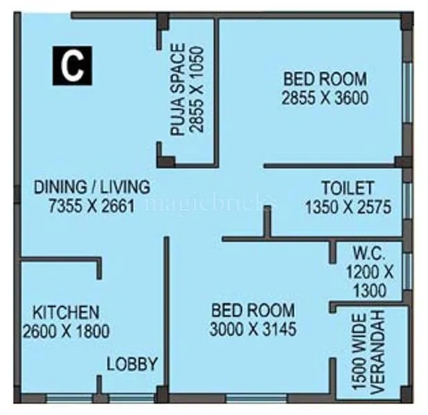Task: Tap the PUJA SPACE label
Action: click(x=178, y=89)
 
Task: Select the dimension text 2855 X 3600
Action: click(x=325, y=98)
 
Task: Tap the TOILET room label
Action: click(x=348, y=188)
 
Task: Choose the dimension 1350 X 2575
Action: click(x=348, y=205)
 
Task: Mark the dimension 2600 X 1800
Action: click(x=66, y=331)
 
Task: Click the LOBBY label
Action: click(x=132, y=365)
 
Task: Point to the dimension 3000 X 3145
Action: click(x=253, y=329)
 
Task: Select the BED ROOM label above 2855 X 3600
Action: click(x=324, y=79)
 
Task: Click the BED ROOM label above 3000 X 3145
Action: click(x=253, y=311)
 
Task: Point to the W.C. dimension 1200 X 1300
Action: click(x=369, y=280)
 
